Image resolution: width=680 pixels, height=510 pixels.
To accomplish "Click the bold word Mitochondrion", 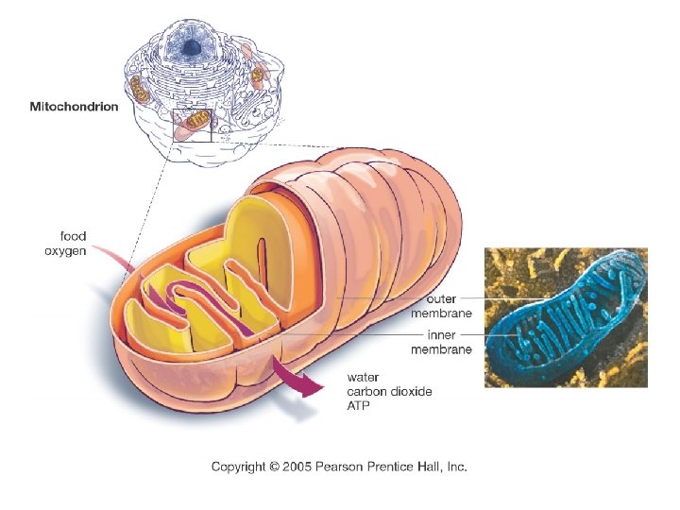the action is [74, 107].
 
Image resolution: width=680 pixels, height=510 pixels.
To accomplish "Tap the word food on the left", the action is [74, 236].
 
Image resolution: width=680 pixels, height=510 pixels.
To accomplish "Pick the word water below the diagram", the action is [363, 378].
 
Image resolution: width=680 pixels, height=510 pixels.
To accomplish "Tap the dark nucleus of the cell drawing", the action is [192, 46].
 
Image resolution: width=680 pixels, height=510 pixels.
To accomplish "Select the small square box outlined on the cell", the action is [192, 125].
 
